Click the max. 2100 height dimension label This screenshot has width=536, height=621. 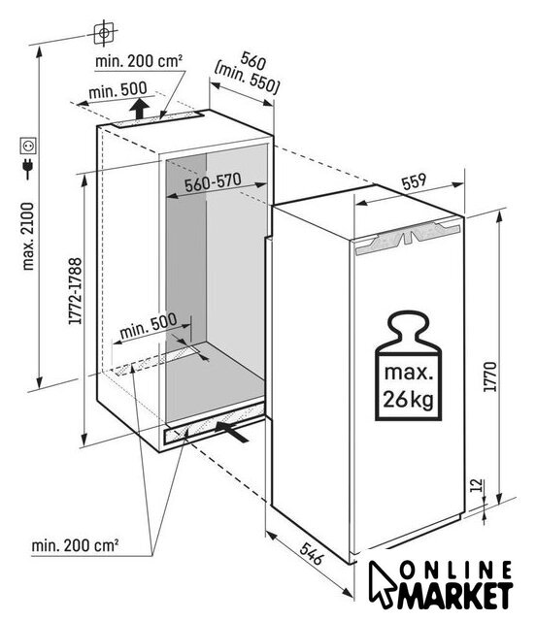(28, 237)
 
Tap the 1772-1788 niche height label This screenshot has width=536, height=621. (75, 291)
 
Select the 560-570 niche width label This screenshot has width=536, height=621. (213, 182)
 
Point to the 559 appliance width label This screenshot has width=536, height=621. (414, 181)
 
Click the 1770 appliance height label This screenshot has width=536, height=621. (489, 376)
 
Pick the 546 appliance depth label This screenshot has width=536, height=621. (312, 553)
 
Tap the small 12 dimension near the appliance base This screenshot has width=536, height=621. (478, 485)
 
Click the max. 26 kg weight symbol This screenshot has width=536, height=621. (408, 366)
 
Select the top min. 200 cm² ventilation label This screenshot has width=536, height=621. (139, 61)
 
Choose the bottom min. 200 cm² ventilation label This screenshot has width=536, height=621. (75, 545)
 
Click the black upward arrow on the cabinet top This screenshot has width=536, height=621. (139, 108)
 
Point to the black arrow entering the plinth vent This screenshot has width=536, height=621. (232, 431)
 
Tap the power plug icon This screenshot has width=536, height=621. (28, 168)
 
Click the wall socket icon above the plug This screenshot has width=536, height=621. (28, 146)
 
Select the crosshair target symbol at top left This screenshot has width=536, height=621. (104, 33)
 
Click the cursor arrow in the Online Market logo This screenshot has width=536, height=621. (382, 584)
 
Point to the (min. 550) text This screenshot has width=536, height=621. (247, 78)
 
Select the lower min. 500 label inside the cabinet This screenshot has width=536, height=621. (148, 326)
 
